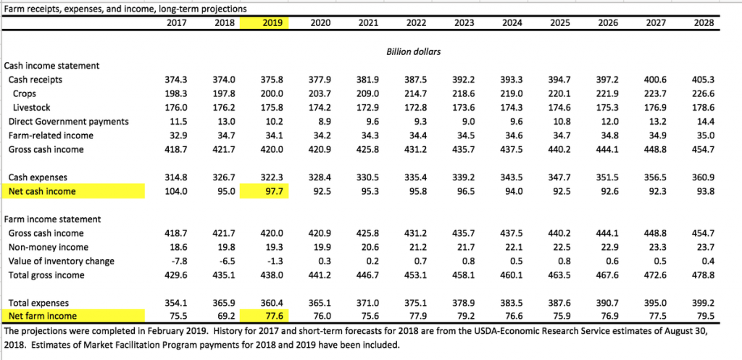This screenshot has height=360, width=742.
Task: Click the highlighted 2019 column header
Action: tap(272, 23)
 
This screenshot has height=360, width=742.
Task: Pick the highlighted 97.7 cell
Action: tap(278, 192)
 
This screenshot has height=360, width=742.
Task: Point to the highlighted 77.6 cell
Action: tap(278, 316)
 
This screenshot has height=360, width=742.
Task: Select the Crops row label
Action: tap(25, 93)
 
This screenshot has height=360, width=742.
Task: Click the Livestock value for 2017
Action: tap(176, 107)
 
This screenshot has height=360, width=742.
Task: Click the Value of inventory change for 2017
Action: tap(178, 261)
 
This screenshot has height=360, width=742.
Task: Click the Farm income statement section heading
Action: tap(53, 219)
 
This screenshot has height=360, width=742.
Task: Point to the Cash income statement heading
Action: tap(51, 65)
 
